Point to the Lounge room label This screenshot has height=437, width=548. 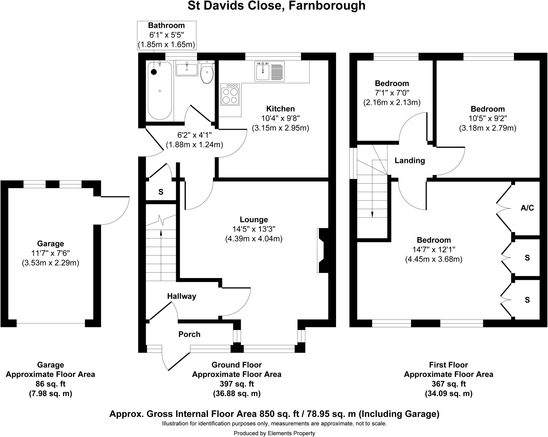(x=254, y=220)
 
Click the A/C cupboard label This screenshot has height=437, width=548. (x=527, y=208)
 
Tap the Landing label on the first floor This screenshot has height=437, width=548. (x=410, y=161)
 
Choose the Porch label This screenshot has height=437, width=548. (x=189, y=334)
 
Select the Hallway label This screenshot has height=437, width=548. (x=182, y=296)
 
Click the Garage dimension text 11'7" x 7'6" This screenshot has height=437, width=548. (x=51, y=253)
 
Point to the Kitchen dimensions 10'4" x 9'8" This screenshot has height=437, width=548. (x=280, y=118)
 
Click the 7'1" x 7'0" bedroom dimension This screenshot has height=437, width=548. (x=392, y=93)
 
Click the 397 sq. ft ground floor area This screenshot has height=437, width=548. (x=237, y=384)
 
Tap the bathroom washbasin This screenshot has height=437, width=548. (x=187, y=69)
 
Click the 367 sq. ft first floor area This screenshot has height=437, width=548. (x=448, y=384)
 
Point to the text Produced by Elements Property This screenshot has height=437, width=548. (x=274, y=433)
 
